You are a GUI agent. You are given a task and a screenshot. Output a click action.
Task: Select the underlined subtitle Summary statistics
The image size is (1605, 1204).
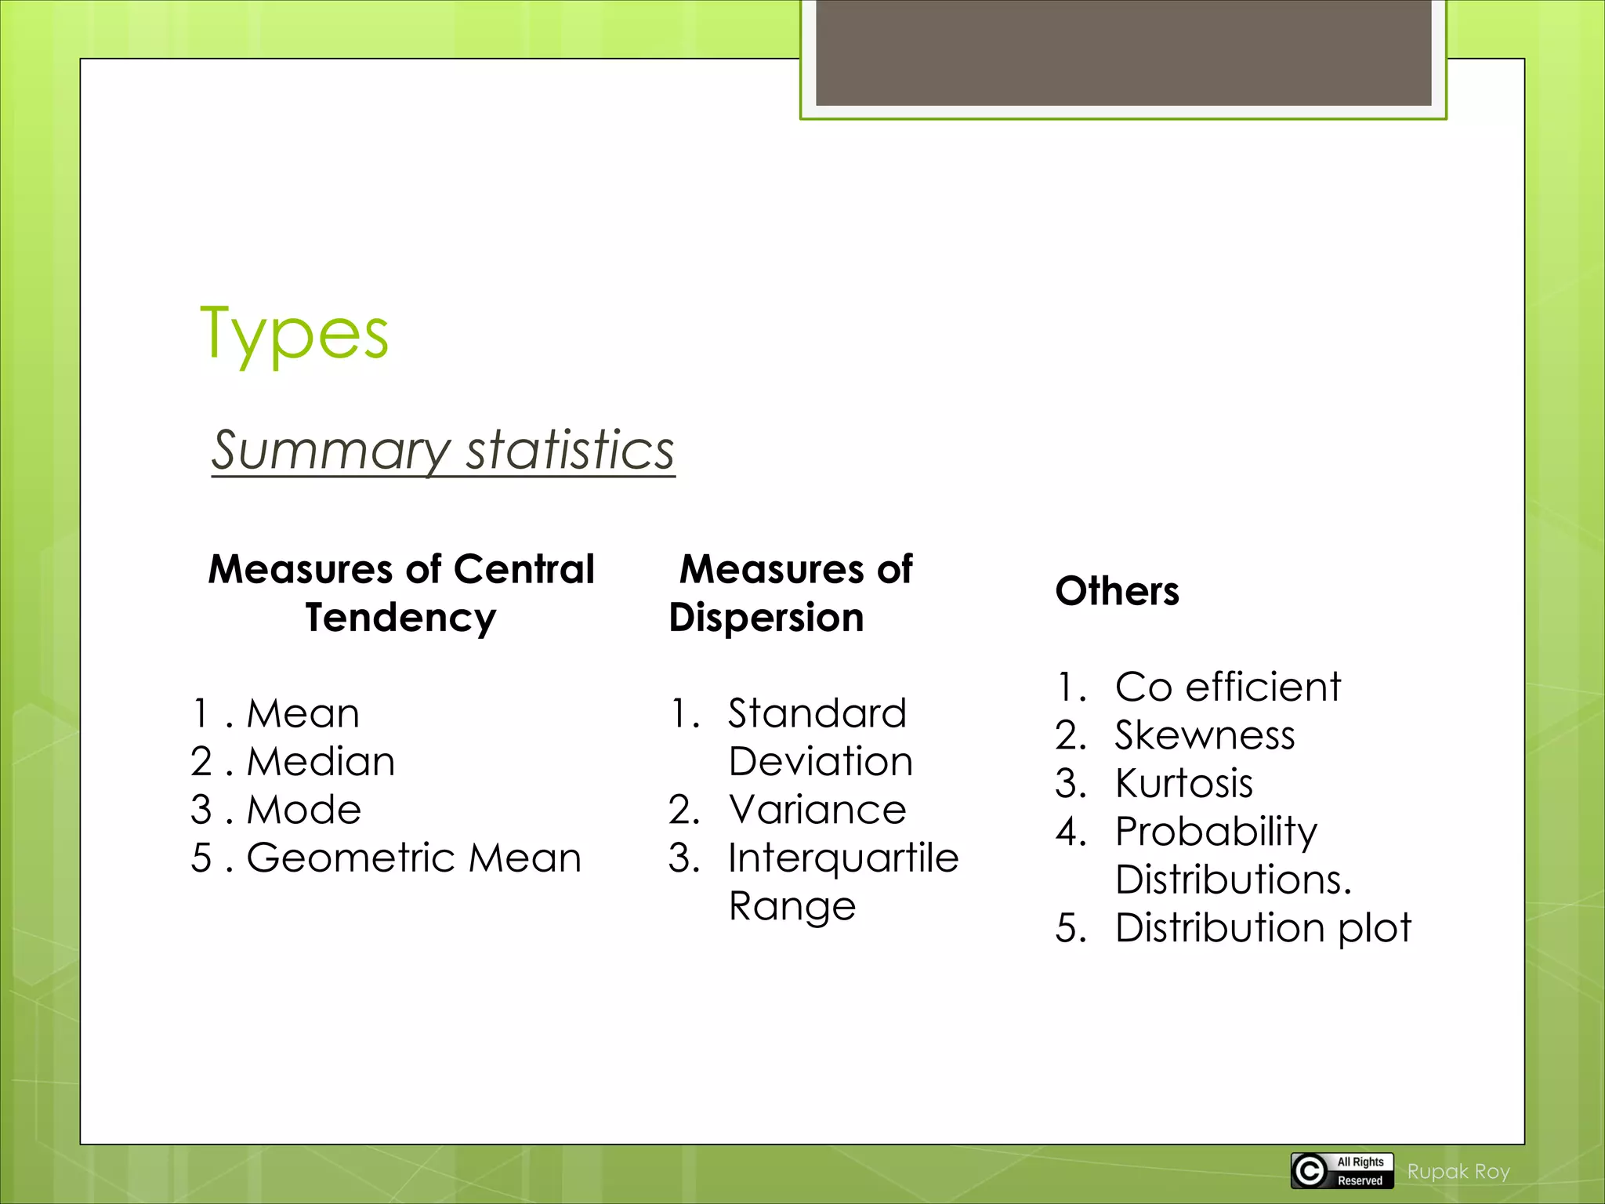click(x=443, y=450)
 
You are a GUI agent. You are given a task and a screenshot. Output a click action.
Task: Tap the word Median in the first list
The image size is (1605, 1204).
click(x=321, y=761)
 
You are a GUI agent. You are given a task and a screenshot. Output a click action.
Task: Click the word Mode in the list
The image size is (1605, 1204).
click(x=304, y=809)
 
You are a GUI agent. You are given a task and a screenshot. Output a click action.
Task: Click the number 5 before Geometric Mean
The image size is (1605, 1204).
click(x=201, y=858)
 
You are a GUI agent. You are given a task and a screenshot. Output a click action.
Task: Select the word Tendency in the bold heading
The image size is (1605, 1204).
click(x=400, y=618)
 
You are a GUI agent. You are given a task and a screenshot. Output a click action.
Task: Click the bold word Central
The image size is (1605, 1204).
click(x=524, y=569)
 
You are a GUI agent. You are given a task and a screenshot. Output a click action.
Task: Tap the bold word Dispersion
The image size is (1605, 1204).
click(x=766, y=618)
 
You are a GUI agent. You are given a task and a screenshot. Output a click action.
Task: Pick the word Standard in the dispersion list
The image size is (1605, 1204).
click(x=817, y=713)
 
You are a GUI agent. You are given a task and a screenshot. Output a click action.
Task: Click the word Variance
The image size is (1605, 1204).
click(x=817, y=809)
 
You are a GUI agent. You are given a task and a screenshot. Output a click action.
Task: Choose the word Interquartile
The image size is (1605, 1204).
click(x=843, y=858)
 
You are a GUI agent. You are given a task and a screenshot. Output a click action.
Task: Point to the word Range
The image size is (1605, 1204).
click(x=792, y=906)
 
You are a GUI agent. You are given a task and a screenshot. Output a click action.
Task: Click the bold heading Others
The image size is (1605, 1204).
click(x=1117, y=591)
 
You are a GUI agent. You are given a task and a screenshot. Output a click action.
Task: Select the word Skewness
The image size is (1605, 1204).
click(x=1205, y=735)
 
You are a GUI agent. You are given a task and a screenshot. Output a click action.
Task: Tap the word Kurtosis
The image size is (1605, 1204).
click(x=1183, y=783)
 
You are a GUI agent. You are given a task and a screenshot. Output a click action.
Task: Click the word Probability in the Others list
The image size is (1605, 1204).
click(x=1216, y=832)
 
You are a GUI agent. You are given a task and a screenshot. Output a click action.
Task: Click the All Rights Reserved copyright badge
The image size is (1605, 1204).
click(x=1342, y=1171)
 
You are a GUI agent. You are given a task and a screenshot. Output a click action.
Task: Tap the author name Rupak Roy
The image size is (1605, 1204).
click(x=1458, y=1172)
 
